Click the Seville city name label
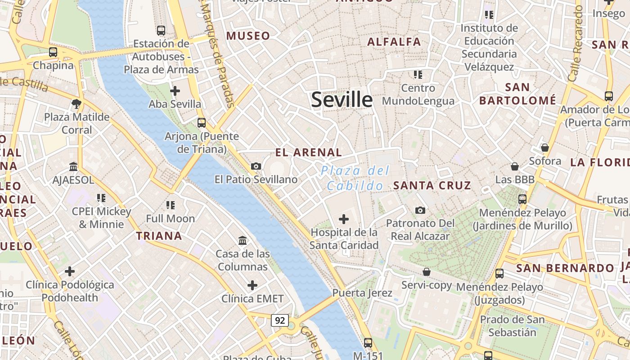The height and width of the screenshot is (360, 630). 342,99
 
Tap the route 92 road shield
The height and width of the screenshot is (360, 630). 280,320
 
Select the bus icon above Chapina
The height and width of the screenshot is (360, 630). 53,52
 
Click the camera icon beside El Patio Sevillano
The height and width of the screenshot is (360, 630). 256,166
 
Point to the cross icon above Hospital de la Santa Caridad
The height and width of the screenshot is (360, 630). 344,219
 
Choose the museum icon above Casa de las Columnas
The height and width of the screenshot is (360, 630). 243,240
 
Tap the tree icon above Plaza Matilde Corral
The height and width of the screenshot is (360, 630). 76,104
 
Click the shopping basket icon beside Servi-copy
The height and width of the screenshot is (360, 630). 427,272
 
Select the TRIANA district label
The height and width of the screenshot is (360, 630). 159,236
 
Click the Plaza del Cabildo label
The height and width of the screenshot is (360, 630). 355,178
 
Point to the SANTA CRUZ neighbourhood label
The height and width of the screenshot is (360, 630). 432,185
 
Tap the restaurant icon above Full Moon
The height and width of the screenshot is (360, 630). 171,205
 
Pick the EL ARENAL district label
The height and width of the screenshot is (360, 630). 309,153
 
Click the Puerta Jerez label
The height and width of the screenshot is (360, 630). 362,293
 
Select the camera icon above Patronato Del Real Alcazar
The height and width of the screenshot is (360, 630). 420,210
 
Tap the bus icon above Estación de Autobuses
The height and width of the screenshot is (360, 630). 161,31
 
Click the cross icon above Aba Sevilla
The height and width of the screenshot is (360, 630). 175,91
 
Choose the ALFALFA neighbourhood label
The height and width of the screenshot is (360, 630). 394,42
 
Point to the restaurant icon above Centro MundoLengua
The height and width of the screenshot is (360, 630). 418,74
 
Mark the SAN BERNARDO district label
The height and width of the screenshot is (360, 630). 565,269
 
